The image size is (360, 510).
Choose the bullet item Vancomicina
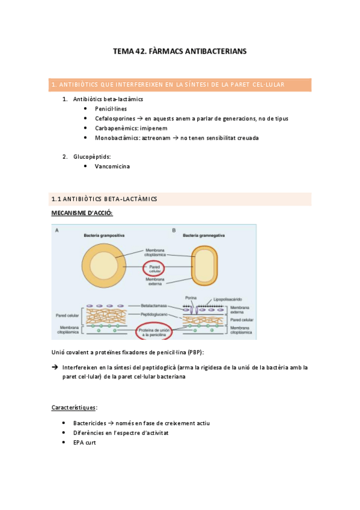click(x=112, y=167)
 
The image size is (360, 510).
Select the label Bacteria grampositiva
click(x=105, y=235)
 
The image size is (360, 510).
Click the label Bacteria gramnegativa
click(x=204, y=235)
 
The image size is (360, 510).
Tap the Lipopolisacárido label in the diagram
click(x=229, y=300)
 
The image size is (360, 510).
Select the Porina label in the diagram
click(x=192, y=300)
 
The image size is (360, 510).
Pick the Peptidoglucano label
click(x=154, y=315)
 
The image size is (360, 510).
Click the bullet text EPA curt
click(x=85, y=442)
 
